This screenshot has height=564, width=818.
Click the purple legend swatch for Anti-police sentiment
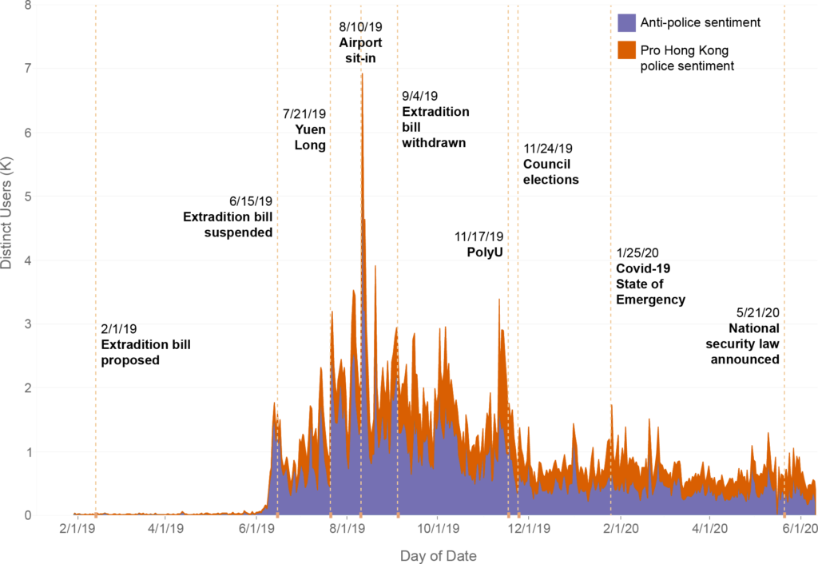pos(626,22)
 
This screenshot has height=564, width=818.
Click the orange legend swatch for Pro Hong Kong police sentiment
pos(626,50)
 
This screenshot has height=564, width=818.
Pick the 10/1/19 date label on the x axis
pos(437,528)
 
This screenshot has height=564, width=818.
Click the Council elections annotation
pos(550,172)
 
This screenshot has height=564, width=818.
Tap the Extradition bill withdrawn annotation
pos(435,127)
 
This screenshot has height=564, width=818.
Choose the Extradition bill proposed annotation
pos(145,352)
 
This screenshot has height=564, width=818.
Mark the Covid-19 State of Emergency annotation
pos(650,284)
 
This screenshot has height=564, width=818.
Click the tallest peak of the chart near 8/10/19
pos(362,74)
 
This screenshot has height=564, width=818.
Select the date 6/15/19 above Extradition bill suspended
pos(251,201)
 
